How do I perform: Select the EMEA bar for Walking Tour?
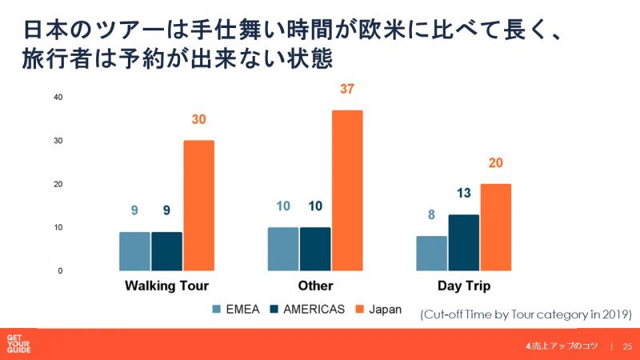[x=134, y=251]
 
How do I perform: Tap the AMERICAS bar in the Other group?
[x=315, y=249]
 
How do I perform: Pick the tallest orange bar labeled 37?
[x=347, y=190]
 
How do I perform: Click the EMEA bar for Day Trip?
[x=431, y=254]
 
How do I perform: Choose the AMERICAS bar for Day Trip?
[x=464, y=242]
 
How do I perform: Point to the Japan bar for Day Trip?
[x=496, y=227]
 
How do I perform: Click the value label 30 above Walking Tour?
[x=199, y=120]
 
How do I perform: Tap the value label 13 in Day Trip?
[x=464, y=193]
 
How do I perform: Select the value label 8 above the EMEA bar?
[x=431, y=214]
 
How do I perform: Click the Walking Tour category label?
[x=166, y=286]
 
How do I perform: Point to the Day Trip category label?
[x=463, y=286]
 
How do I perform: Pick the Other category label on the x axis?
[x=315, y=286]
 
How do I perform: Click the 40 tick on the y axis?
[x=58, y=97]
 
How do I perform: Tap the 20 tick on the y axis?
[x=58, y=184]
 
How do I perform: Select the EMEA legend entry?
[x=235, y=309]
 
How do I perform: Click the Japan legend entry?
[x=385, y=309]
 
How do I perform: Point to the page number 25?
[x=627, y=346]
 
